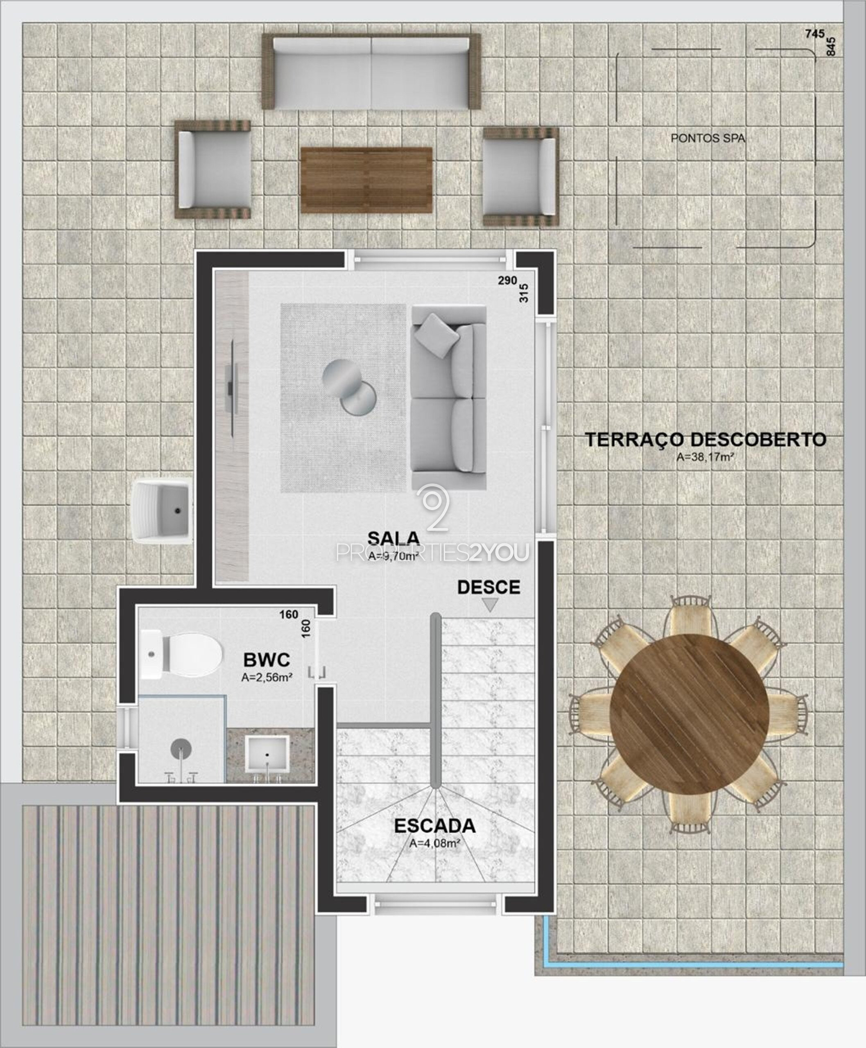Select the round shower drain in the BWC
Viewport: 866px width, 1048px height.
click(x=181, y=748)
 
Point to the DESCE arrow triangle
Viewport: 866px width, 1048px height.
click(x=490, y=605)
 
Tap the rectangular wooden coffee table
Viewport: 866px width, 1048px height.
click(x=366, y=180)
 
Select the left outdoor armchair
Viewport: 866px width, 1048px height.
click(x=213, y=169)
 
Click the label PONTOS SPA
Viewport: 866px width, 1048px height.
click(x=708, y=139)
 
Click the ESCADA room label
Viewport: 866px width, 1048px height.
click(x=434, y=826)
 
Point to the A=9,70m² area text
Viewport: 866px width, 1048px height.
click(x=393, y=555)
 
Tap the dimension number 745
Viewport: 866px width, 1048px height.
click(x=815, y=34)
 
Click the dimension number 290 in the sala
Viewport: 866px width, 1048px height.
click(x=507, y=280)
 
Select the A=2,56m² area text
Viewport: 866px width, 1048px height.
click(x=267, y=678)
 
